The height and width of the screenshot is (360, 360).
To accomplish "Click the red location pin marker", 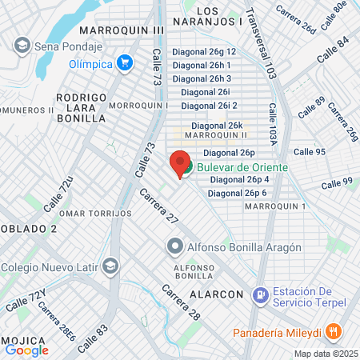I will [180, 163].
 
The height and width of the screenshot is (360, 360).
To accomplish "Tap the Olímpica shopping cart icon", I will [124, 62].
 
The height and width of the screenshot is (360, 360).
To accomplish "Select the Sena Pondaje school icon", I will [22, 45].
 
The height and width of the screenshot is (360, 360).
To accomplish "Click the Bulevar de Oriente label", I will [238, 166].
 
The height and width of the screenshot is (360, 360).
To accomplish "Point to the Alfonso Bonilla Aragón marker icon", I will [174, 246].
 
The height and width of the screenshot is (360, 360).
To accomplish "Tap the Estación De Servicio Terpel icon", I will [260, 296].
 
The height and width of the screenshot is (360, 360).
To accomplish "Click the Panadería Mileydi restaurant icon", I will [334, 331].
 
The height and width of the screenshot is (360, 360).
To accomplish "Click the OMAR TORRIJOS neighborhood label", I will [95, 214].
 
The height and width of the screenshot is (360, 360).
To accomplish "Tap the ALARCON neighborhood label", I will [216, 294].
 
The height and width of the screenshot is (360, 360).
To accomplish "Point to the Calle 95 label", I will [309, 152].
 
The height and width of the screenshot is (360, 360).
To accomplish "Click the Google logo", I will [26, 350].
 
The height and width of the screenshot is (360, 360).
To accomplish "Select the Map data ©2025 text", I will [325, 354].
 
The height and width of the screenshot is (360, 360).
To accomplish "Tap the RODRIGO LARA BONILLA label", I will [81, 107].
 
